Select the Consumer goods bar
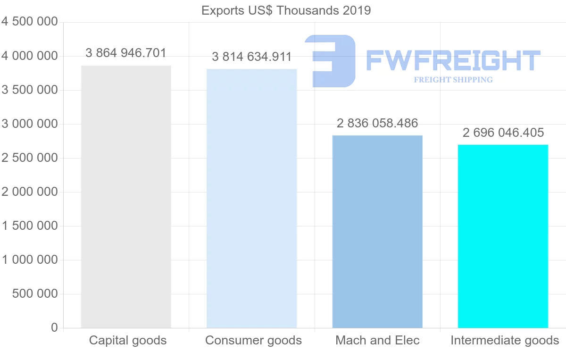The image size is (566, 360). pos(252,198)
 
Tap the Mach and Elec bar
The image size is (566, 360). pos(377,232)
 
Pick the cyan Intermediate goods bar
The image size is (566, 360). pos(503,236)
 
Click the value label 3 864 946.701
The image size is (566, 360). pos(126,53)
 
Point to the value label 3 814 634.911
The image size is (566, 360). pos(252,57)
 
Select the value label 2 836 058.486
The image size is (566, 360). pos(377,124)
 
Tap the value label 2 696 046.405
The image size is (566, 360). pos(503,133)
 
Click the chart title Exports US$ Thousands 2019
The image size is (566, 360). pos(286,10)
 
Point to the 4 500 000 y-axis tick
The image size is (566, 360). pos(30,22)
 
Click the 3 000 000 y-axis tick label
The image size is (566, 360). pos(30,124)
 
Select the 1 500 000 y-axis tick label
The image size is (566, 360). pos(30,226)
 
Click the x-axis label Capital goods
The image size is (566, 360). pos(128,340)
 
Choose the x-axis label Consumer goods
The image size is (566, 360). pos(254,340)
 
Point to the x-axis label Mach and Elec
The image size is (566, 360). pos(377,340)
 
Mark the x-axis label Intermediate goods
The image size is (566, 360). pos(505,340)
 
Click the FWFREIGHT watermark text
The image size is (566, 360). pos(453,60)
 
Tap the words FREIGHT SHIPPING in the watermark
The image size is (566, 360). pos(453,80)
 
